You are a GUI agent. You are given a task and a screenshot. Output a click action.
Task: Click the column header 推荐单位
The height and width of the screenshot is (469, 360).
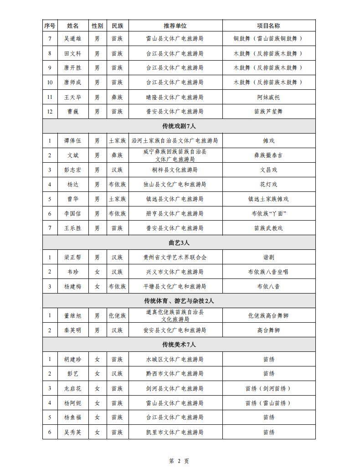click(175, 26)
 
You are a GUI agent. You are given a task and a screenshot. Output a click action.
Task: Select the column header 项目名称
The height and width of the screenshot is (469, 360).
click(268, 26)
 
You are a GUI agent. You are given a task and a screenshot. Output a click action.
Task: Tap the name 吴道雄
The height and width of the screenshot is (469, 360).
click(72, 39)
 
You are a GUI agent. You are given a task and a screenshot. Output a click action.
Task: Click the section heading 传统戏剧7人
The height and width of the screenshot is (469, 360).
click(179, 126)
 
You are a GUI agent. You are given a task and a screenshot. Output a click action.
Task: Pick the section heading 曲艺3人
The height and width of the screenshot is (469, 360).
click(179, 242)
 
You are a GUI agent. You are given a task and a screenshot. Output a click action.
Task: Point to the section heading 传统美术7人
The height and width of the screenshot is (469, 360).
click(179, 345)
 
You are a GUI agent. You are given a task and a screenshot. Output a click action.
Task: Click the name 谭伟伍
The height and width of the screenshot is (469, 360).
click(72, 141)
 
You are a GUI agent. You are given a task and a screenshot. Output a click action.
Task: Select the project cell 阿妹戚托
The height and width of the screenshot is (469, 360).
click(268, 97)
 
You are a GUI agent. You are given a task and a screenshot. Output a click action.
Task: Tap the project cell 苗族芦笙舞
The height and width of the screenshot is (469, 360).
click(268, 111)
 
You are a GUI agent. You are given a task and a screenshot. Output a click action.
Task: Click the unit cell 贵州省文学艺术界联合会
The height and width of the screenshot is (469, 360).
click(175, 257)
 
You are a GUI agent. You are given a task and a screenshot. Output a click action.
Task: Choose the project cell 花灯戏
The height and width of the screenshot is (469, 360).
click(268, 185)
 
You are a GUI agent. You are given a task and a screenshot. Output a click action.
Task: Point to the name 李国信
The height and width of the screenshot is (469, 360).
click(72, 213)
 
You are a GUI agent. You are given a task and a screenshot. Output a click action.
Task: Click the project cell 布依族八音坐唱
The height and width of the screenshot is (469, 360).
click(268, 272)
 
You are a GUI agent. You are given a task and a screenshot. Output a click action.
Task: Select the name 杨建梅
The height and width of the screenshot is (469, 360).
click(72, 287)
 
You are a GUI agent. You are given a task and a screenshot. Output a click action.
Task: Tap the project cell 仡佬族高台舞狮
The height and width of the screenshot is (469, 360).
click(268, 315)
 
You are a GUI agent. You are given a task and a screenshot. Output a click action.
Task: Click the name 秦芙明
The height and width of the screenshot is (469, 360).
click(72, 330)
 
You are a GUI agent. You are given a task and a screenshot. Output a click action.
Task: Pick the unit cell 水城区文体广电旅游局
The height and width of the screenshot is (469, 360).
click(175, 359)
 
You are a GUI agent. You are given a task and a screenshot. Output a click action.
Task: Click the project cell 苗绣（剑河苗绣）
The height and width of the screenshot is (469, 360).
click(268, 388)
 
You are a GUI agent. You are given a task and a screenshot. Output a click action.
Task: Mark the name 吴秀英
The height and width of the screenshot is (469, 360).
click(72, 432)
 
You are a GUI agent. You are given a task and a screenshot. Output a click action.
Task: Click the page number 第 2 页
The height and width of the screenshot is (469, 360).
click(179, 461)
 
